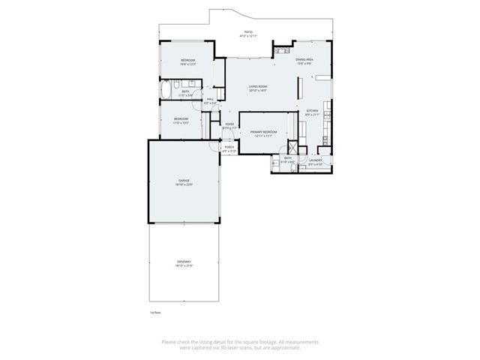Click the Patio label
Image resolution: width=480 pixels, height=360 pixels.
pyautogui.click(x=247, y=34)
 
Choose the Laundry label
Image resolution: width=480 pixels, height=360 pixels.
pyautogui.click(x=315, y=161)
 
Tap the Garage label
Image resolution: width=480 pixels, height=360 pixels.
pyautogui.click(x=184, y=181)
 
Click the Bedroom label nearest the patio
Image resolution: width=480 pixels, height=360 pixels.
pyautogui.click(x=187, y=61)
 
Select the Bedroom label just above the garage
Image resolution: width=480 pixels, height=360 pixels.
pyautogui.click(x=181, y=120)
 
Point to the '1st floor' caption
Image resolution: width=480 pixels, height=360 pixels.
pyautogui.click(x=155, y=312)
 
